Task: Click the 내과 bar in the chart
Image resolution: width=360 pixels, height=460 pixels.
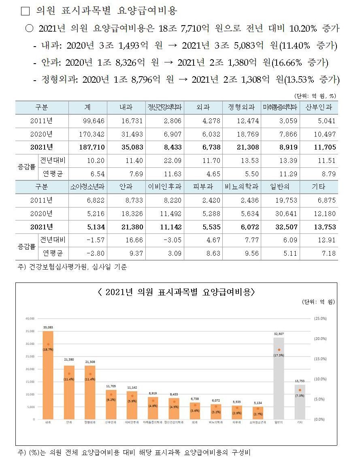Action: pos(48,375)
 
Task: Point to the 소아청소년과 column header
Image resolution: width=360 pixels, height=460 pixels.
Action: pos(87,187)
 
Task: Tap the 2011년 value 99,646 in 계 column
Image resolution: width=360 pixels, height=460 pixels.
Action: pos(87,121)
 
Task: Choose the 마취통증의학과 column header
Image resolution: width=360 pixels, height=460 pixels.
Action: pos(280,108)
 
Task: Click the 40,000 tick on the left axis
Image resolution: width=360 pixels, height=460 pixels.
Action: pos(30,319)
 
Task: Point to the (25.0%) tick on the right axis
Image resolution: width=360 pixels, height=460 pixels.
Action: pos(320,319)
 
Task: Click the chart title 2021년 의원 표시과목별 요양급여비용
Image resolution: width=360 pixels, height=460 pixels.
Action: pos(176,292)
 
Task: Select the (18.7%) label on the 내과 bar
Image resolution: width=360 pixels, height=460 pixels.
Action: pos(48,349)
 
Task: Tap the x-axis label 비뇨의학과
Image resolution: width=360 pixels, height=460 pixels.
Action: pos(216,422)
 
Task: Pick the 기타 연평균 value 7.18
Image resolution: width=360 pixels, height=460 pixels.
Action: pos(319,253)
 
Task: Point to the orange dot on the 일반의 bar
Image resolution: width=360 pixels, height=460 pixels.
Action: pos(279,350)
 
